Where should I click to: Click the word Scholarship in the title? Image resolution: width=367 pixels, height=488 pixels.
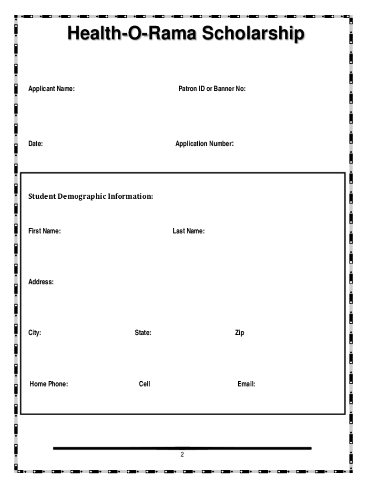253,34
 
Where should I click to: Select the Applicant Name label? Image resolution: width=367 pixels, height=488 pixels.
51,89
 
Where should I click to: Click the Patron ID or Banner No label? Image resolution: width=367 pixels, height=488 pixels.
212,89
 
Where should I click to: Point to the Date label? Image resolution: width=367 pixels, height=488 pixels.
36,143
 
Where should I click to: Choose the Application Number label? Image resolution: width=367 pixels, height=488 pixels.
204,143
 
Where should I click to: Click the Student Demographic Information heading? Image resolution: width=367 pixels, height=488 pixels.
91,196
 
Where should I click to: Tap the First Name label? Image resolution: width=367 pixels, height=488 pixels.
44,231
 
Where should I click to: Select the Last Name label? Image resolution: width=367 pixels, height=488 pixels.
189,231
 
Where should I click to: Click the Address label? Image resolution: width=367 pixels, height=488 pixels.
41,282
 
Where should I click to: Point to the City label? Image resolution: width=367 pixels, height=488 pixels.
35,333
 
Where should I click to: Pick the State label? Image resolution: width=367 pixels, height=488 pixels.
143,333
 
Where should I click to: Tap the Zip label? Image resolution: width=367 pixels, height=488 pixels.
239,333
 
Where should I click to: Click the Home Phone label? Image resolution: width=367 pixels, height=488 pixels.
49,384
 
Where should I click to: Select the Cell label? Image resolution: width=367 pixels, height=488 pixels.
144,384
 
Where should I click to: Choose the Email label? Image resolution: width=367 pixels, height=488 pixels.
246,384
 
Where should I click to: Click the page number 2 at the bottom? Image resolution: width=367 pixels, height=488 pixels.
182,455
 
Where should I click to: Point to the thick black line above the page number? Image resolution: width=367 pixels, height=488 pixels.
182,448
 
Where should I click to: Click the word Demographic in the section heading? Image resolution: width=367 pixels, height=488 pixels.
82,196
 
